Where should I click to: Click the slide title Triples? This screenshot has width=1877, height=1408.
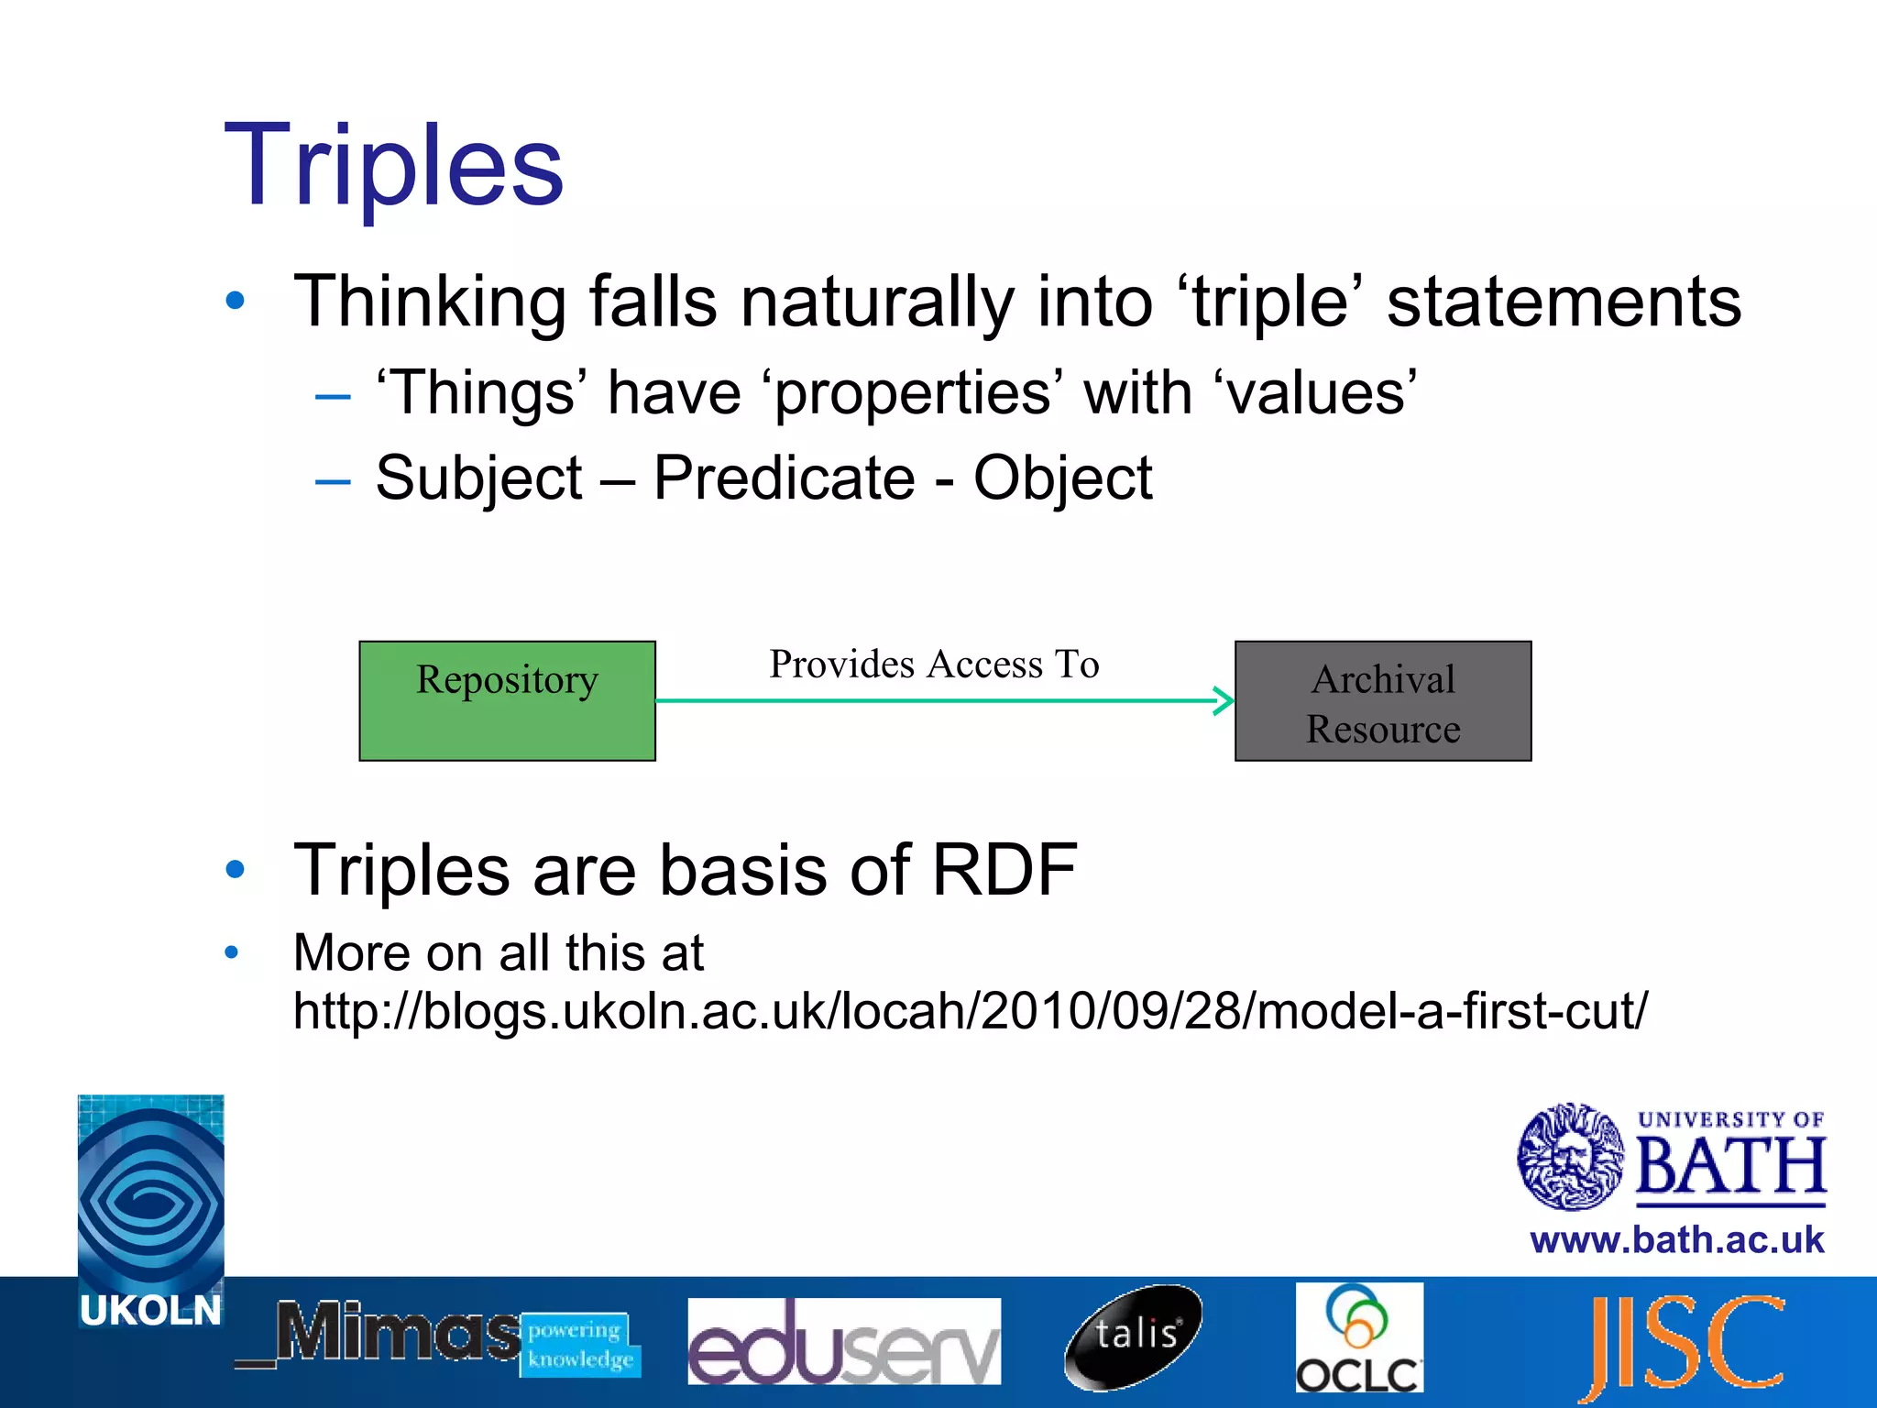394,167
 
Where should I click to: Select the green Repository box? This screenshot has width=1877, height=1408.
507,701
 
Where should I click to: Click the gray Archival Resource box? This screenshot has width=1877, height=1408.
1383,701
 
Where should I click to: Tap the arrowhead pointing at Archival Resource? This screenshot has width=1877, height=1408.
1225,701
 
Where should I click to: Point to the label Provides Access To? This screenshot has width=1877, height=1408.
934,664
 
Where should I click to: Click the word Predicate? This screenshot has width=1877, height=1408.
784,478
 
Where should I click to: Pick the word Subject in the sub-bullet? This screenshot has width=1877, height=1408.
478,478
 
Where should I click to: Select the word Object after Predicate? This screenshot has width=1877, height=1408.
1062,478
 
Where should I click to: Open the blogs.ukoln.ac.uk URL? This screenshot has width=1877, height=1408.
970,1011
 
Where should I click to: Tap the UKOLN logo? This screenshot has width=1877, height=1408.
151,1210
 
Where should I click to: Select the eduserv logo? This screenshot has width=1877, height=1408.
843,1340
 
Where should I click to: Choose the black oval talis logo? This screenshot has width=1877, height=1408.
1135,1336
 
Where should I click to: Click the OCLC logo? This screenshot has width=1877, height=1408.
1359,1338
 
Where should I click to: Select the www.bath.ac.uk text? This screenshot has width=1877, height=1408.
1676,1240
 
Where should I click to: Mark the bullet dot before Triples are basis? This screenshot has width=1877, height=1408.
236,869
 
